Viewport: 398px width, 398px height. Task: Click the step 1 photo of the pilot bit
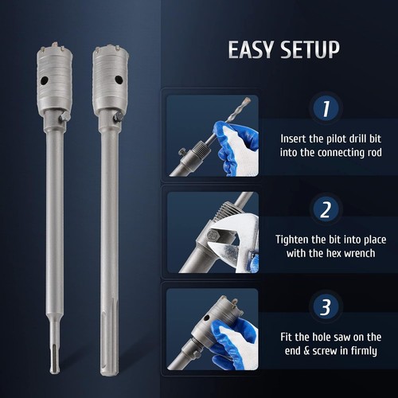213,135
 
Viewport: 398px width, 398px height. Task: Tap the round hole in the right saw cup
119,80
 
